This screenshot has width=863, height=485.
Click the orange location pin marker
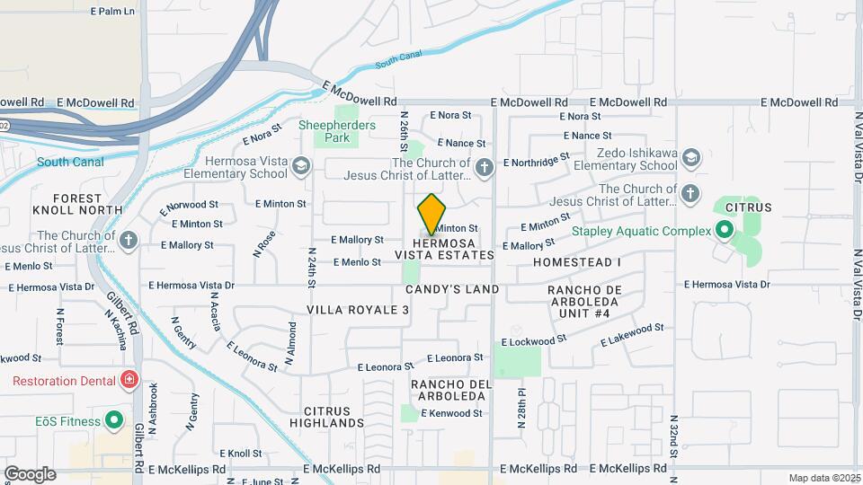point(432,214)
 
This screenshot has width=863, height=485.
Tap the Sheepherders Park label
point(337,131)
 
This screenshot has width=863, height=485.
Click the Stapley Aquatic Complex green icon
point(722,231)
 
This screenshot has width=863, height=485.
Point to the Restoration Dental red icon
point(130,380)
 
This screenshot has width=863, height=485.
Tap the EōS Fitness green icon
point(113,419)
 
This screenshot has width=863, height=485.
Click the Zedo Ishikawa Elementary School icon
point(690,159)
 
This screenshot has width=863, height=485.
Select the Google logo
point(30,473)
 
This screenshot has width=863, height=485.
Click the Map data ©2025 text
point(823,478)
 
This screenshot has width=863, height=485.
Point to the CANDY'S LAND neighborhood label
point(451,289)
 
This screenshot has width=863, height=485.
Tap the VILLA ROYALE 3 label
point(358,309)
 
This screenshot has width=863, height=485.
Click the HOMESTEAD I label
point(576,261)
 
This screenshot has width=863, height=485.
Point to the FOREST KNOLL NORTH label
point(87,204)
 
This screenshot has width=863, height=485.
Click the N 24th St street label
point(312,268)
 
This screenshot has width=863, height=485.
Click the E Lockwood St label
point(534,341)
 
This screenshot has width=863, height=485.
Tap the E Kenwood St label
point(455,413)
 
